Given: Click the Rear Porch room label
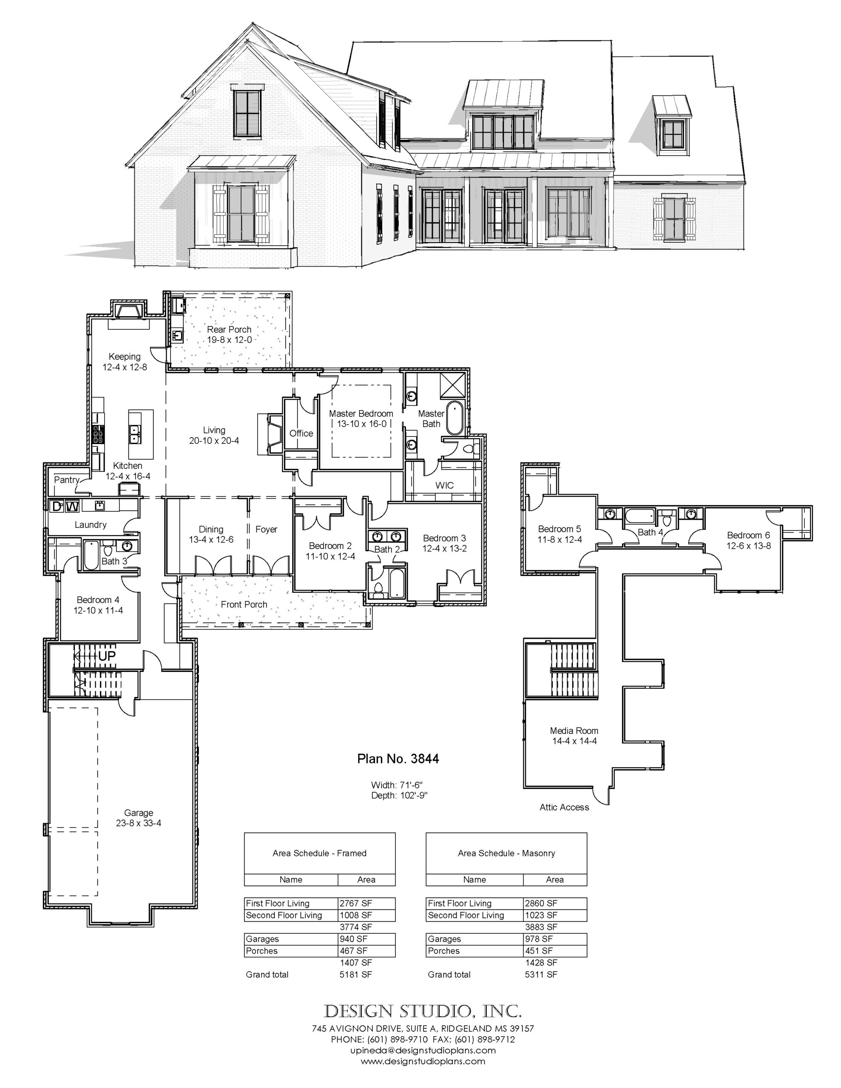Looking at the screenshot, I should (229, 329).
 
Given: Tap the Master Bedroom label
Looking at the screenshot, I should (361, 414).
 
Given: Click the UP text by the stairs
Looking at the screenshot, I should (107, 657).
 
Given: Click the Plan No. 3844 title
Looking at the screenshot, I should (398, 759).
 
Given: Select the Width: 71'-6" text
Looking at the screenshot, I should (397, 785).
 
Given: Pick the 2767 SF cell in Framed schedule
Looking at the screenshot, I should (355, 903).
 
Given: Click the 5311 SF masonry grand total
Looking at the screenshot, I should (541, 975).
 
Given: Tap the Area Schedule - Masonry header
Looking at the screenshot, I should (506, 853).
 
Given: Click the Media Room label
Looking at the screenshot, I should (574, 730).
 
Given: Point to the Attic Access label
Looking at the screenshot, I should (564, 807).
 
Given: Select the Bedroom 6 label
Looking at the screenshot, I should (748, 535).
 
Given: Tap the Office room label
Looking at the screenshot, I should (301, 433).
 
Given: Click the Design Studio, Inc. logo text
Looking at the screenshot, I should (423, 1011).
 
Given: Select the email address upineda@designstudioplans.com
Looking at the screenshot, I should (422, 1050).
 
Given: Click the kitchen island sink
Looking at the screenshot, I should (135, 434).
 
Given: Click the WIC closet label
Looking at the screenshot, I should (444, 485).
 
